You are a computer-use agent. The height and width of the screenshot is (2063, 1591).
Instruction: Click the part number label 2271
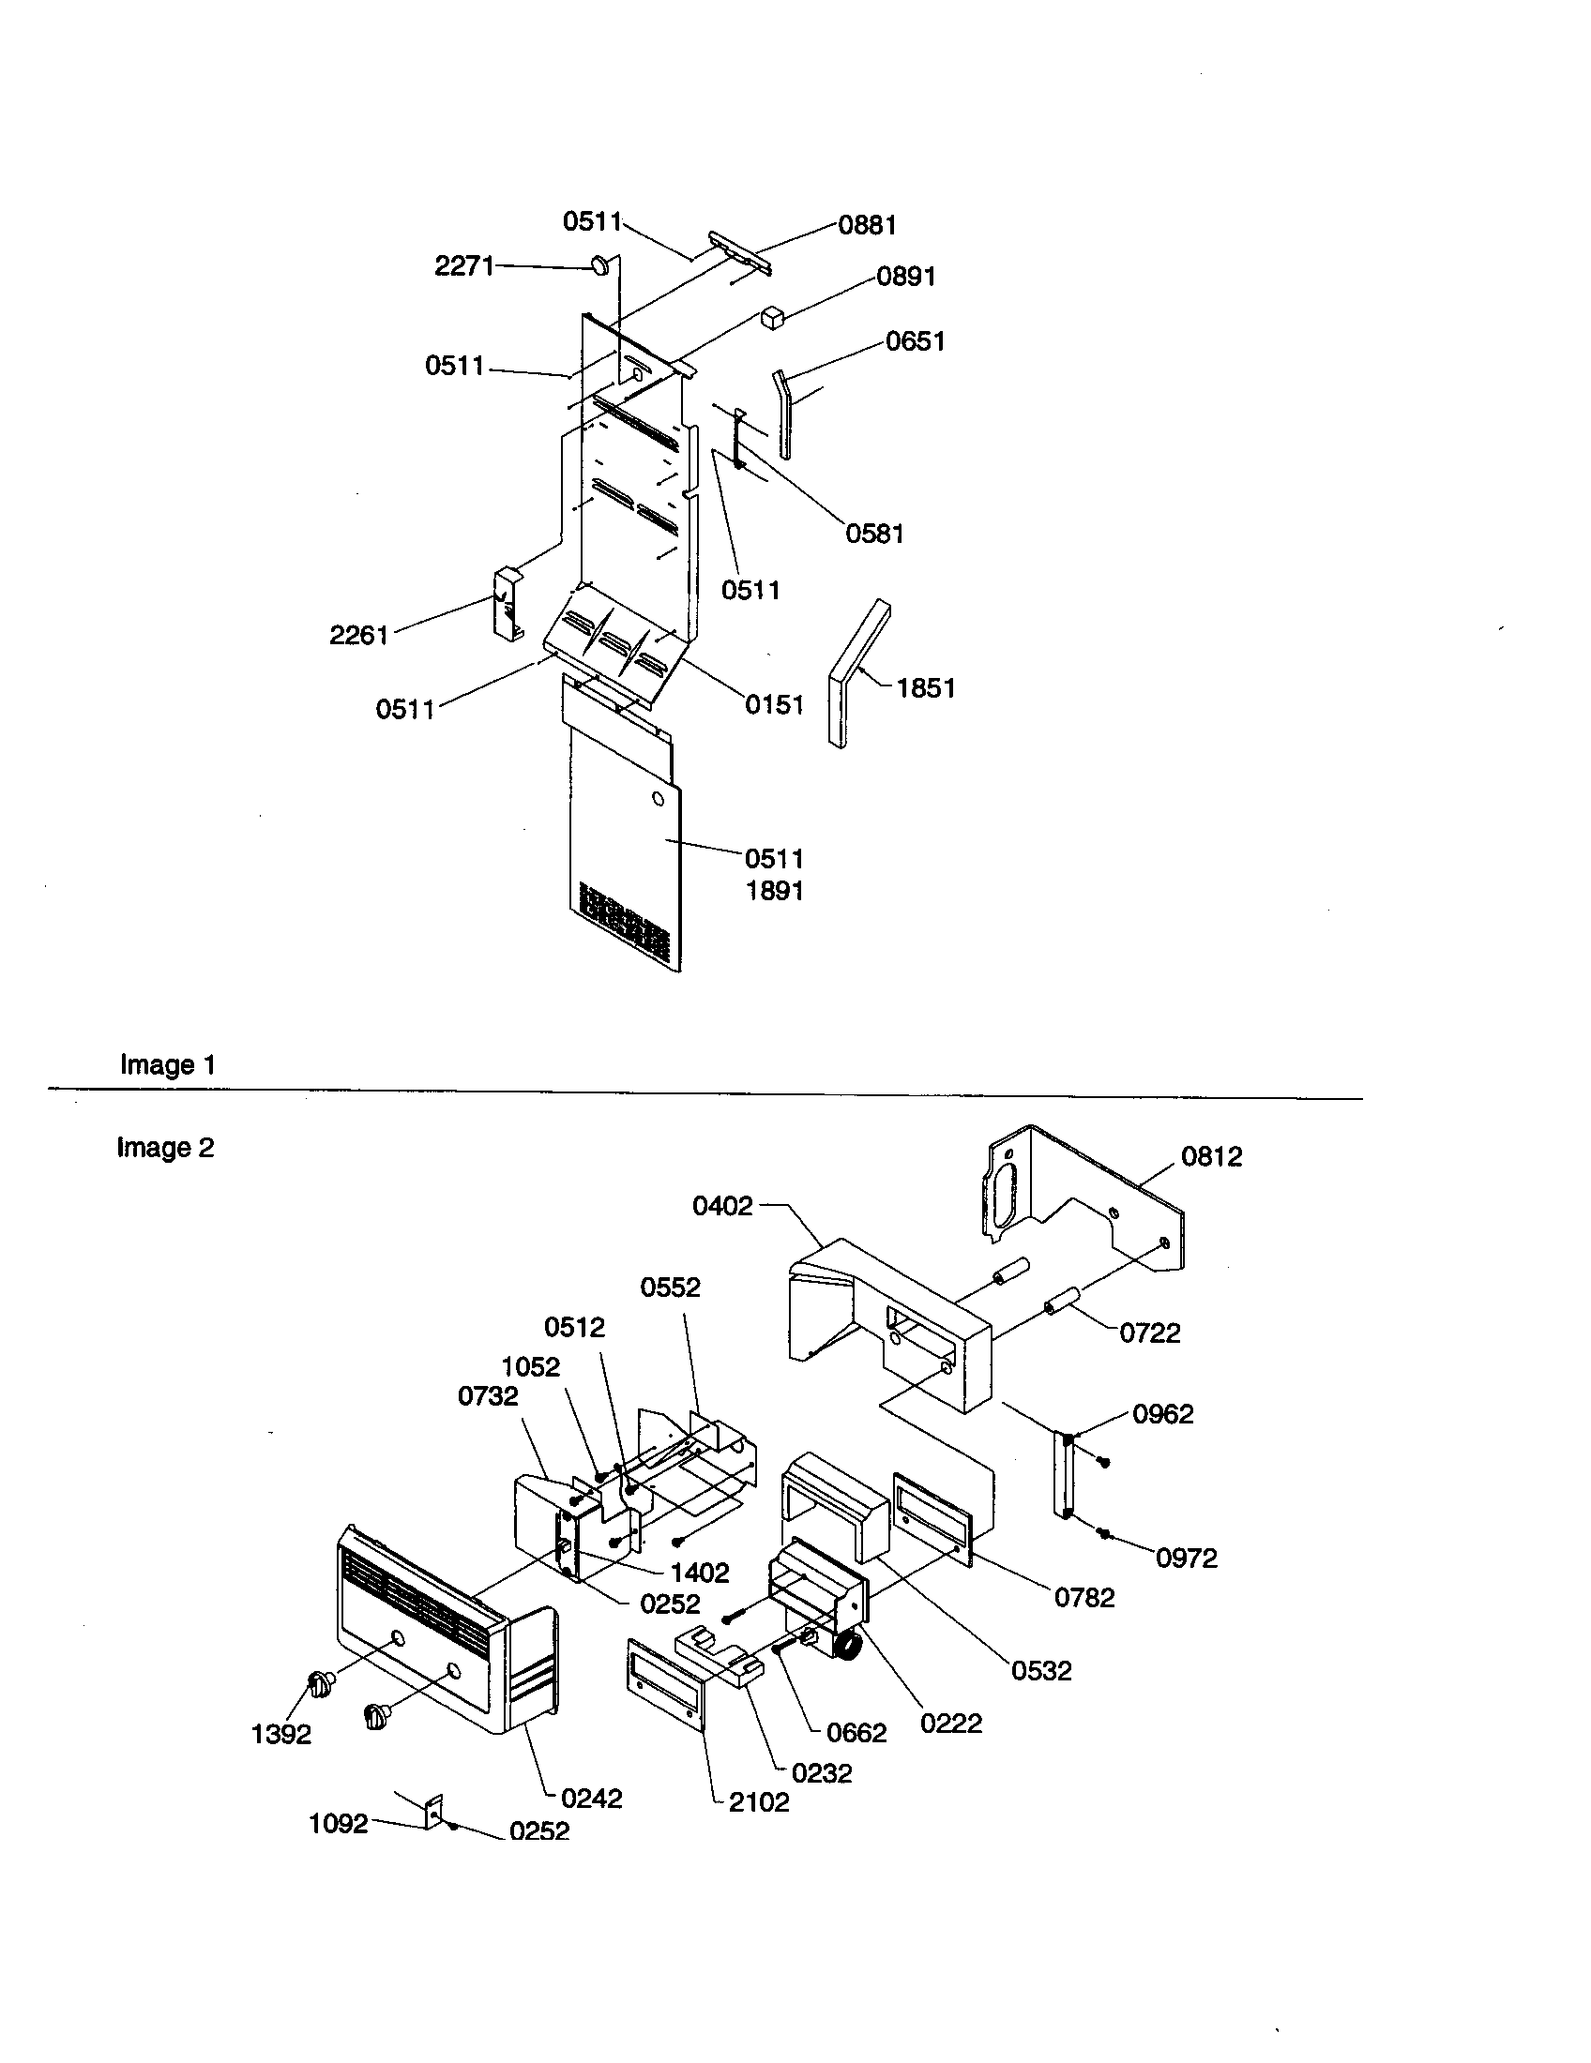coord(463,266)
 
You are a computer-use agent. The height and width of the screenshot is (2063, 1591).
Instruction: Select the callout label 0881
coord(867,225)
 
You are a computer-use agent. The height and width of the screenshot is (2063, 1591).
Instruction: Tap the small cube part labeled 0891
coord(773,316)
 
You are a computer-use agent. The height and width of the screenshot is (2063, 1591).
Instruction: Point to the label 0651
coord(915,341)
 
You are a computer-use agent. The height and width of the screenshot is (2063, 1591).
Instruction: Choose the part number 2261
coord(359,635)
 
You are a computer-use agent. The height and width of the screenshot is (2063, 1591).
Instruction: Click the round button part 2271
coord(601,265)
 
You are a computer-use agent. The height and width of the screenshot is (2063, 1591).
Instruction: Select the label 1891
coord(774,890)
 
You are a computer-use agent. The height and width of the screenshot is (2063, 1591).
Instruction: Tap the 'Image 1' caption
coord(168,1064)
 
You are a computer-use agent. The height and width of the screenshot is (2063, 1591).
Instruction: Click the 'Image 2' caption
coord(165,1148)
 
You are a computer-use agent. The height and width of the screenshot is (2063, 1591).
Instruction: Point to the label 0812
coord(1211,1156)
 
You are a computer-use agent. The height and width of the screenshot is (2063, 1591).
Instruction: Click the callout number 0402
coord(722,1205)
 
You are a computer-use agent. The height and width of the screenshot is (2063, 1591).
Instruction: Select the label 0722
coord(1149,1333)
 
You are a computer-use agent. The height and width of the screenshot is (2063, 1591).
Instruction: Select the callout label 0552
coord(670,1287)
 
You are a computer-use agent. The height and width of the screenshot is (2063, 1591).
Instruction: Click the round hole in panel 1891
coord(658,800)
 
